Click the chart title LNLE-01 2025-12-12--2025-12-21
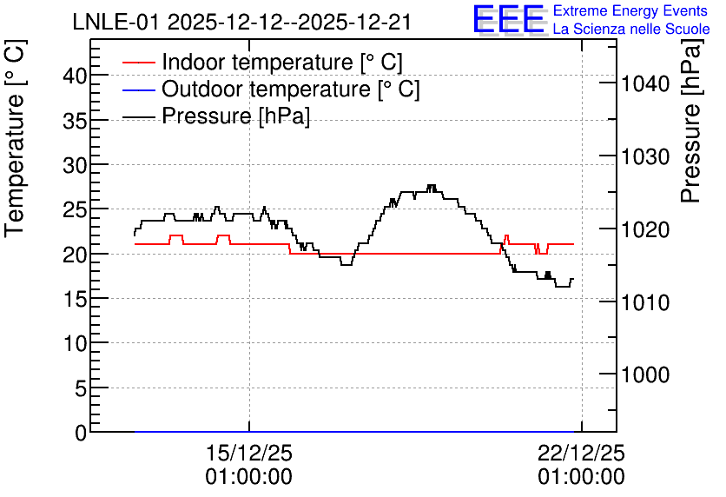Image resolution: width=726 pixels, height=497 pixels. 242,23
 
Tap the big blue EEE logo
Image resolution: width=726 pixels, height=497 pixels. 509,19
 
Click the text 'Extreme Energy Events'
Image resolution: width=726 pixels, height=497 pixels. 630,10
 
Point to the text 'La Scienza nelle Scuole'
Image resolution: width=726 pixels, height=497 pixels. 631,29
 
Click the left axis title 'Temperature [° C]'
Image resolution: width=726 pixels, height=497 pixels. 15,138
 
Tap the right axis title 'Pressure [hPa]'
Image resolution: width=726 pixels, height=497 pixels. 690,121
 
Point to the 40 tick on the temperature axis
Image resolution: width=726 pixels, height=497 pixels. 75,75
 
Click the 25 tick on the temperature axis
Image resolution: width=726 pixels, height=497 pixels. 75,209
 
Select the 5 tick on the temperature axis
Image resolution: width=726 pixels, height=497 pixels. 81,388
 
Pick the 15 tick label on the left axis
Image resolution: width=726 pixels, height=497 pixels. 75,299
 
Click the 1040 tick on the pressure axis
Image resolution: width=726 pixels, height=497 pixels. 645,83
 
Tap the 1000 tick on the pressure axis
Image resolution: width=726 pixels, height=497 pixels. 645,374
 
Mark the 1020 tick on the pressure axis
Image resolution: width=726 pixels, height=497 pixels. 645,229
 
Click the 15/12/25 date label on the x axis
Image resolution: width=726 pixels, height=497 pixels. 249,453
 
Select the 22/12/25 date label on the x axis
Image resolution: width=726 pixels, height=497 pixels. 581,453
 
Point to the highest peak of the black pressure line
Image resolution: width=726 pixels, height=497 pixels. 432,185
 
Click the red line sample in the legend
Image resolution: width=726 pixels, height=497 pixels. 138,62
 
